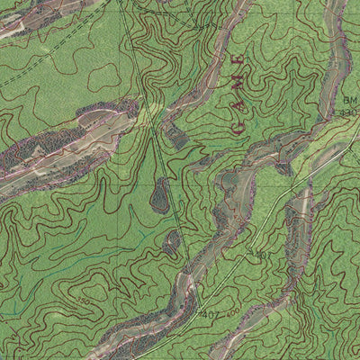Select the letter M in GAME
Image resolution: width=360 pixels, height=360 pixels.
pos(239,82)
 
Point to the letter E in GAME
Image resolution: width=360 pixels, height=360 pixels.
pos(238,61)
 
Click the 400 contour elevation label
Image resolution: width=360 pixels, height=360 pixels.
pos(232,312)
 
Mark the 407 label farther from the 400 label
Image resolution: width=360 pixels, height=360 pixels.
pos(261,256)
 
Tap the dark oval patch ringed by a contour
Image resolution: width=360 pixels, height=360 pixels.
pos(160,194)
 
